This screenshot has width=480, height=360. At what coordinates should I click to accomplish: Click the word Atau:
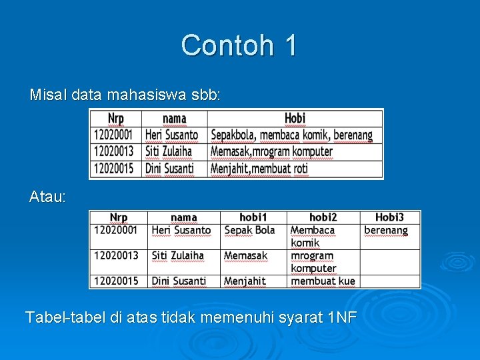pos(47,197)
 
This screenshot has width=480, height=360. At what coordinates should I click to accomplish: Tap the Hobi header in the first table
pos(295,119)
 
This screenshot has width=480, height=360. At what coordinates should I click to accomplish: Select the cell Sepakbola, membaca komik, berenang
pos(291,135)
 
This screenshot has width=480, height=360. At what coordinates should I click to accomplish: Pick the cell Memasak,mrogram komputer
pos(271,152)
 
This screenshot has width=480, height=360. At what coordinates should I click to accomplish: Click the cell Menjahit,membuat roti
pos(259,169)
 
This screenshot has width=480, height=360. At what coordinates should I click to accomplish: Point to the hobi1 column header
pos(253,217)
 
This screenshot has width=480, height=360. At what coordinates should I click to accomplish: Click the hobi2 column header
pos(323,217)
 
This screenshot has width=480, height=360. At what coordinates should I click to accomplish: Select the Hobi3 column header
pos(389,217)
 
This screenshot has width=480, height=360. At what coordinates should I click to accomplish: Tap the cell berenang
pos(385,230)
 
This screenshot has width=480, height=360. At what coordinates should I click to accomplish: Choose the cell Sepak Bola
pos(249,230)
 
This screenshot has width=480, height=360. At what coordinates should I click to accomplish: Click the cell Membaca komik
pos(312,236)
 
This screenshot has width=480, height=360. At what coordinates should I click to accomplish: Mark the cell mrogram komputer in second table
pos(313,261)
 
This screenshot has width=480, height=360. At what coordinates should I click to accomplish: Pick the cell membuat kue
pos(323,281)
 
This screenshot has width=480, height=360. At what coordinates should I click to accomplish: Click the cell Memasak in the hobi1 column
pos(245,255)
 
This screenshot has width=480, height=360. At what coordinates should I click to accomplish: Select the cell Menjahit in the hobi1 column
pos(245,281)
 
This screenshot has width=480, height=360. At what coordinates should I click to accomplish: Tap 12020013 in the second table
pos(116,255)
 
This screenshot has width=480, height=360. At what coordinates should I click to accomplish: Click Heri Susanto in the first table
pos(171,135)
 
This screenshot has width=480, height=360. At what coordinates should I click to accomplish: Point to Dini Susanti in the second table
pos(179,281)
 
